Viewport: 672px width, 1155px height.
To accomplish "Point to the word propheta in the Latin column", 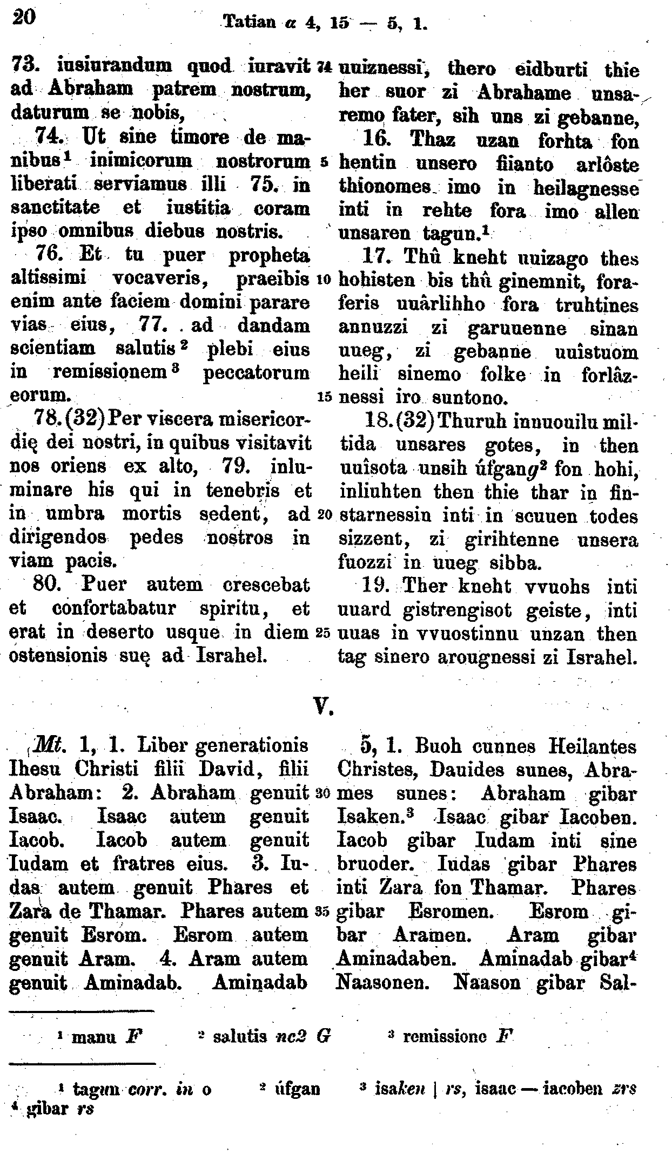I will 270,256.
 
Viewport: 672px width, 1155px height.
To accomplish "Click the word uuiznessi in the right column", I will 383,70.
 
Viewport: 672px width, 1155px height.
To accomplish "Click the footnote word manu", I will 93,1036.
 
